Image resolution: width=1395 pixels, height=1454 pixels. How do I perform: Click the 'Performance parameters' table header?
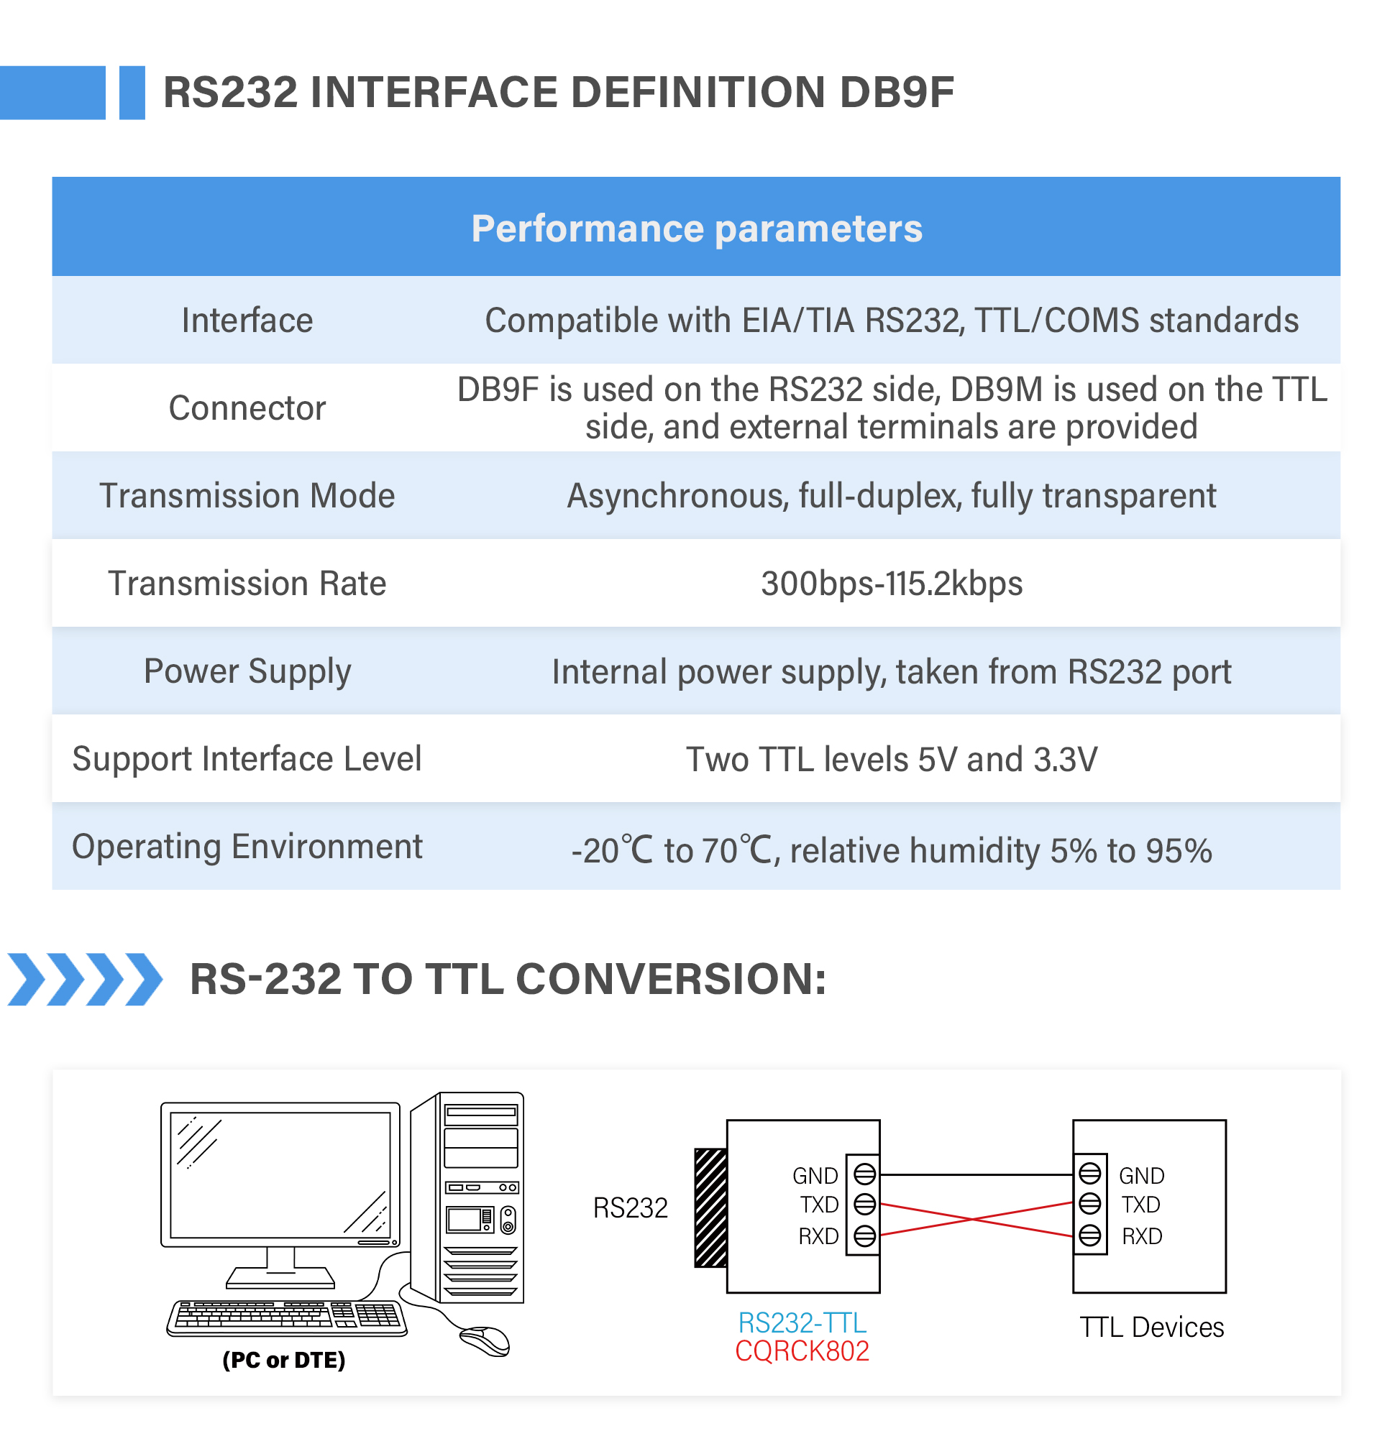click(696, 229)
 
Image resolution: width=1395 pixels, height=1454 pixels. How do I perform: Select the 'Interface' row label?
click(247, 321)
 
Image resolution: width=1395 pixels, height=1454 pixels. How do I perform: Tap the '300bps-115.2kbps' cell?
click(891, 584)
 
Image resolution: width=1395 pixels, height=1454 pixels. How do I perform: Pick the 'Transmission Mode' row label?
click(247, 495)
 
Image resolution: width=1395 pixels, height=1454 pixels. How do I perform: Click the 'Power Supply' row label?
click(247, 672)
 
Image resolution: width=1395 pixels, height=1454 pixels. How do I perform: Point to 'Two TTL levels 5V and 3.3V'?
click(891, 760)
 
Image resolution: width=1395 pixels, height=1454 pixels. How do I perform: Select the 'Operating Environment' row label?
click(247, 847)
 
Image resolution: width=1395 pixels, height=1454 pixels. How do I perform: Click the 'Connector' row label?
click(247, 408)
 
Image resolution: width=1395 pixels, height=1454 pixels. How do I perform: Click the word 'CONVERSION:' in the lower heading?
click(671, 979)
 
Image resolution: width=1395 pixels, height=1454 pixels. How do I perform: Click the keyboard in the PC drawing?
click(287, 1318)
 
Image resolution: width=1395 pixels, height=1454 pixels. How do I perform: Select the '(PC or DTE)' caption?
click(284, 1360)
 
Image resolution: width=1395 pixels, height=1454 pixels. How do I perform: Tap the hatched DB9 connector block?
click(710, 1207)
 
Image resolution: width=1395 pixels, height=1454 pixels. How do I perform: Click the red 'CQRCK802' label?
click(802, 1351)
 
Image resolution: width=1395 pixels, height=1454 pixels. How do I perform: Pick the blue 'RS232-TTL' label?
click(802, 1322)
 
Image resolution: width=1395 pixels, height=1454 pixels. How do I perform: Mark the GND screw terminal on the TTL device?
click(1089, 1174)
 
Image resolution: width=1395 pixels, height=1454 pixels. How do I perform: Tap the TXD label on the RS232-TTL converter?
click(819, 1205)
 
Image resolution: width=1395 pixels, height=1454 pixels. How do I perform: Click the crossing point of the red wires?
click(974, 1219)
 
